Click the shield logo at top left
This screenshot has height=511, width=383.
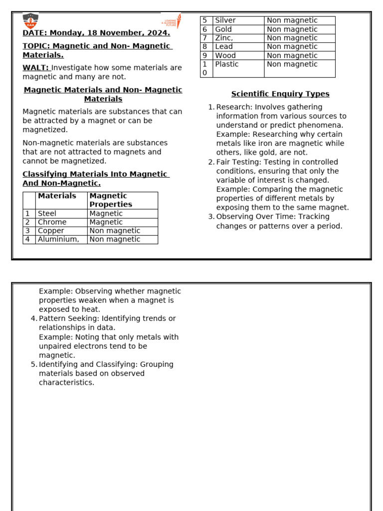[30, 21]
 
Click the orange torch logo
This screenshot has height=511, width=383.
[172, 21]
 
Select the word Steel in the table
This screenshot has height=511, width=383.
[47, 214]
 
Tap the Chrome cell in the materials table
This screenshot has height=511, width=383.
[52, 222]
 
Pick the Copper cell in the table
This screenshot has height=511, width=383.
[51, 231]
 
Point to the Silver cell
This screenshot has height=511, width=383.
[225, 20]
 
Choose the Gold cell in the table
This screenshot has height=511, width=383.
[223, 29]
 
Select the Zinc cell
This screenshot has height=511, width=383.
[224, 38]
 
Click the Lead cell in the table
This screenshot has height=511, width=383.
[224, 46]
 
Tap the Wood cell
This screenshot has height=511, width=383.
[225, 55]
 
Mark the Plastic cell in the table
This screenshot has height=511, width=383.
[227, 64]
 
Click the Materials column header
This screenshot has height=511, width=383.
[57, 196]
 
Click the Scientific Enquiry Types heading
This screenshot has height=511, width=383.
[280, 94]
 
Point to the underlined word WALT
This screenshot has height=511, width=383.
[35, 68]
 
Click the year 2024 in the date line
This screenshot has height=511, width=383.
[158, 33]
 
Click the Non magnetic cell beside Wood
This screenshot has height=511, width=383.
[292, 55]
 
